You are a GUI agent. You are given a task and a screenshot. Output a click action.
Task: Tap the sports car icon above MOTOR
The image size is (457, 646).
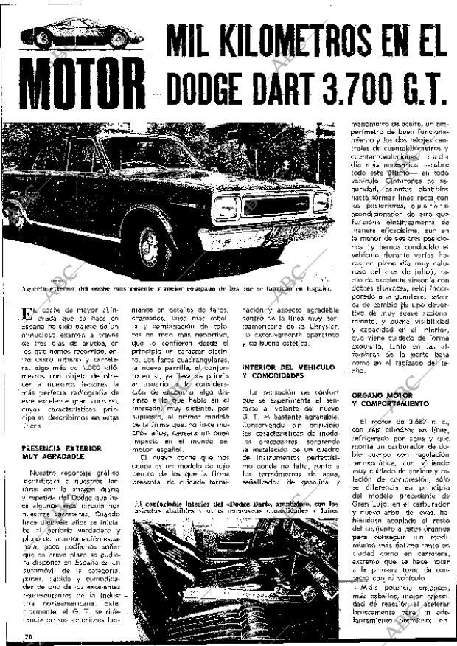click(x=81, y=35)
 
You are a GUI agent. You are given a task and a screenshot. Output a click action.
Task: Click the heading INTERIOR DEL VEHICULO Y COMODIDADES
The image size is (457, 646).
click(x=285, y=370)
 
